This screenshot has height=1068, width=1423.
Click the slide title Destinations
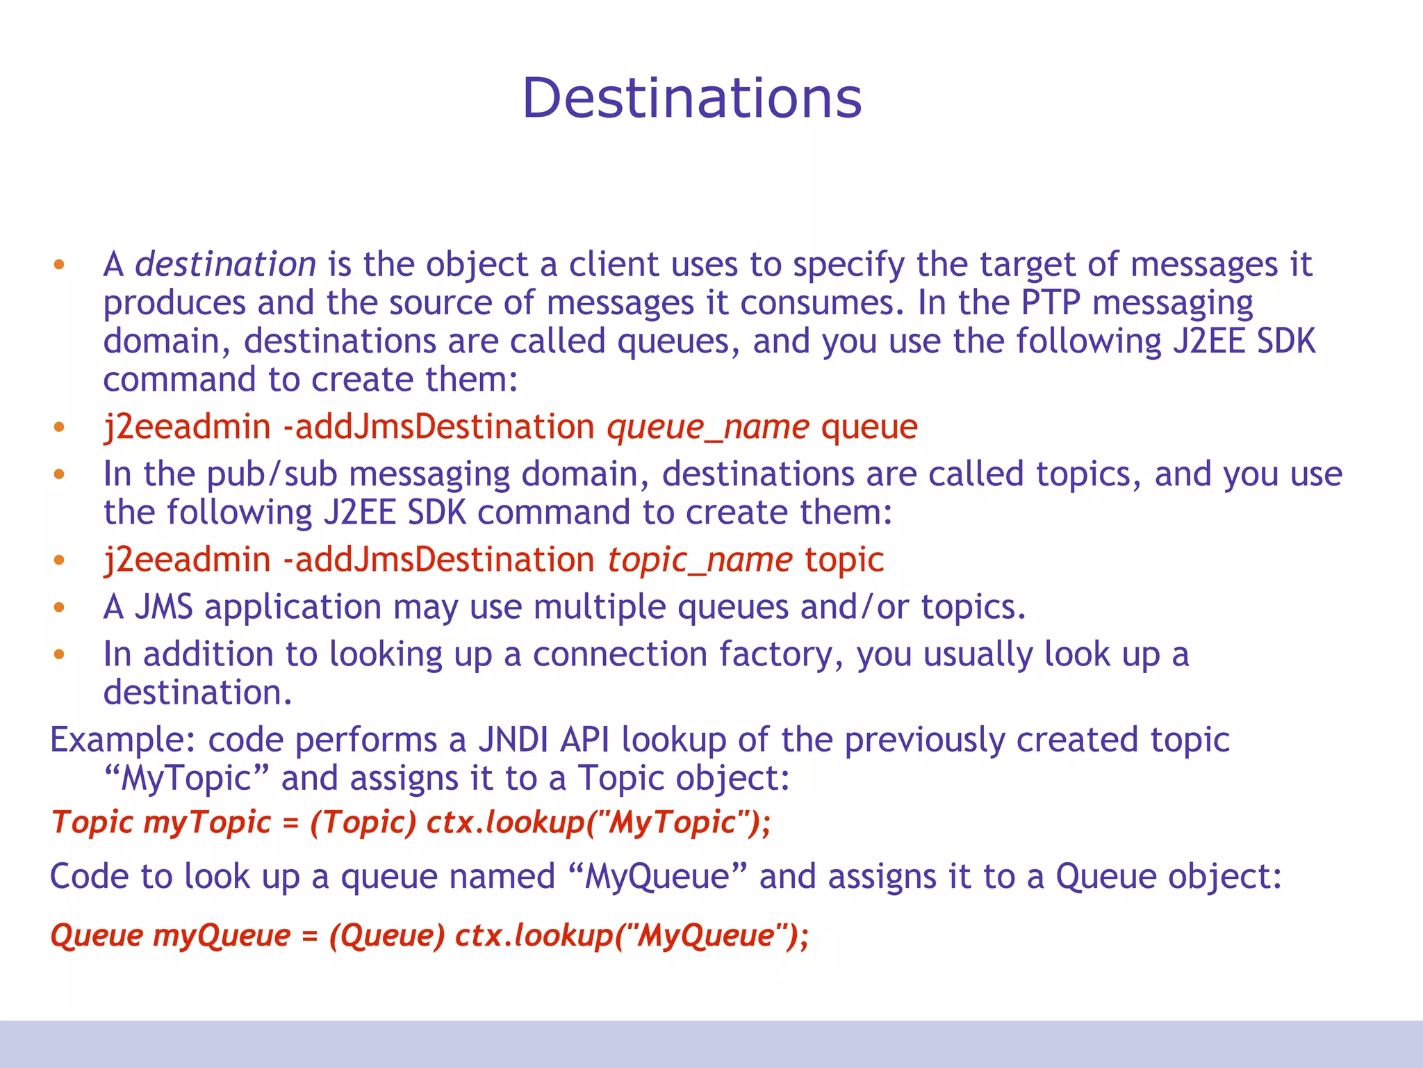coord(691,98)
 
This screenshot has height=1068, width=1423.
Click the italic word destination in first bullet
coord(225,265)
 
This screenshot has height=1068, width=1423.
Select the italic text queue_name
coord(707,427)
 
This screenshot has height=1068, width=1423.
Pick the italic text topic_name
coord(700,560)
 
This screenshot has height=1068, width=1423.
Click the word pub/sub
coord(272,475)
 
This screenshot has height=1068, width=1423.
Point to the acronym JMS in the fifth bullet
coord(163,607)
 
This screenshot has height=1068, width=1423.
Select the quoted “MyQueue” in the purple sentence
coord(657,876)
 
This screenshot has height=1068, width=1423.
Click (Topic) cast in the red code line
coord(363,823)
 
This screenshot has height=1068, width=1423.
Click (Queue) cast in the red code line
coord(386,936)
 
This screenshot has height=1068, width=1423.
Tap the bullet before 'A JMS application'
coord(59,608)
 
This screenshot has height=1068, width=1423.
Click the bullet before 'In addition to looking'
coord(59,655)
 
